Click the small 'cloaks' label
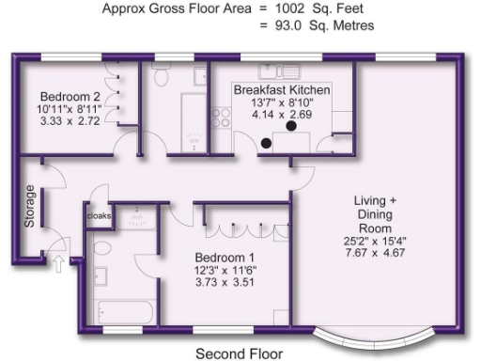[x=99, y=215]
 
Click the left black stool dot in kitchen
[x=267, y=143]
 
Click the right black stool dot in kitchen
[x=291, y=125]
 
